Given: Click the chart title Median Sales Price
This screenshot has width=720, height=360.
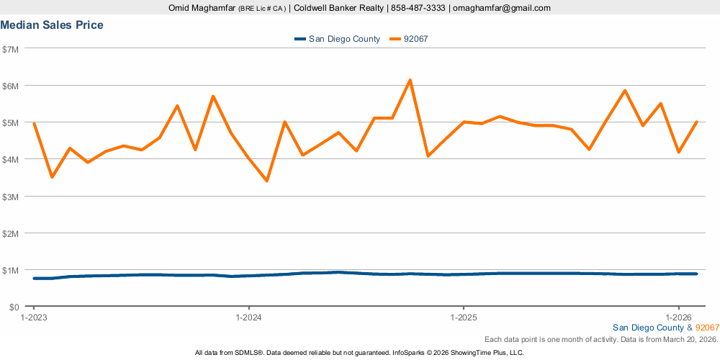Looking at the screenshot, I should (x=52, y=25).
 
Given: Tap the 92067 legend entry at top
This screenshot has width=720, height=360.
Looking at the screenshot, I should (x=417, y=39).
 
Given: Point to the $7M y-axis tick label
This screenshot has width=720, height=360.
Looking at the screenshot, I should (x=12, y=49).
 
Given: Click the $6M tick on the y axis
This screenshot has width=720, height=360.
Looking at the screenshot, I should (x=12, y=86).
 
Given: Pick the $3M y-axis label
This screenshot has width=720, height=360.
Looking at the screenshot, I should (x=12, y=197).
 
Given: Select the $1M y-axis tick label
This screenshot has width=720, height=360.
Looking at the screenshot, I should (x=12, y=270).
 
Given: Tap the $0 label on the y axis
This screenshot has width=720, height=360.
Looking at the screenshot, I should (x=14, y=307).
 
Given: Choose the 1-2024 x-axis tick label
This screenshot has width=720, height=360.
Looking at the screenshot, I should (x=248, y=317).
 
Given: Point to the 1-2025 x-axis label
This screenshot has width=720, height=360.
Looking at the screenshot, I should (x=464, y=317).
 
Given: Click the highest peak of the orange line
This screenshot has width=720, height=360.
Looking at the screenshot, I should (x=410, y=80).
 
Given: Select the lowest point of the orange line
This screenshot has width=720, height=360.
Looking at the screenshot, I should (x=266, y=181).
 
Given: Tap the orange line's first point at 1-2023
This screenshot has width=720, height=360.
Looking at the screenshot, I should (x=34, y=124).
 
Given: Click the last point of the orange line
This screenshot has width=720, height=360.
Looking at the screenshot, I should (x=697, y=122).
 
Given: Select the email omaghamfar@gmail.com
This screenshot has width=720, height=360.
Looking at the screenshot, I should (x=502, y=8).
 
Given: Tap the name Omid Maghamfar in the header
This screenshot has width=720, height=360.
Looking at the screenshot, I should (x=197, y=8).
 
